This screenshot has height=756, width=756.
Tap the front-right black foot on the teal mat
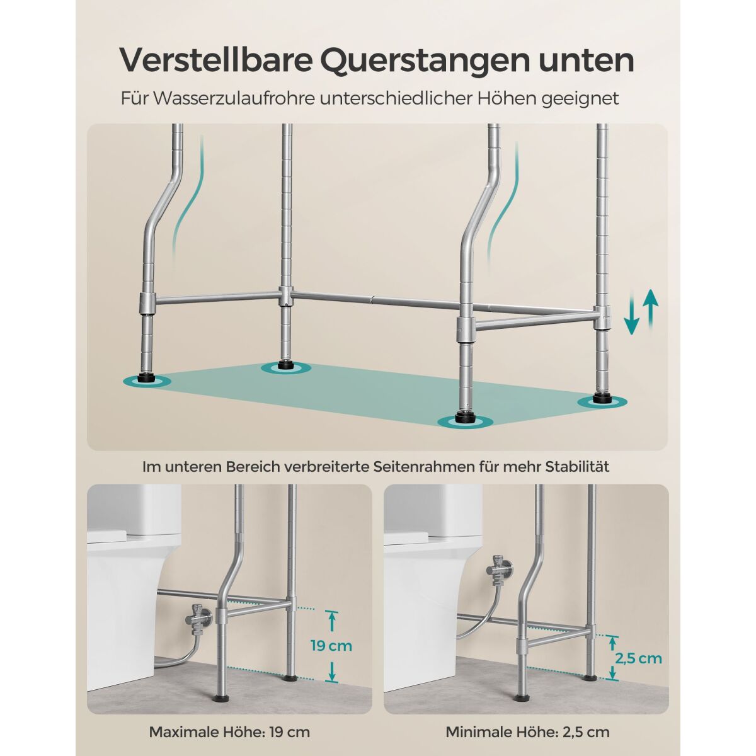click(x=466, y=418)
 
